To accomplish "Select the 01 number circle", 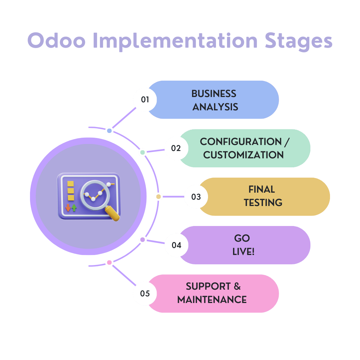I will pyautogui.click(x=145, y=99).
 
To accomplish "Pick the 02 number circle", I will pyautogui.click(x=176, y=148).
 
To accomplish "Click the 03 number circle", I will pyautogui.click(x=196, y=197).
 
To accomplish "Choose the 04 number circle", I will pyautogui.click(x=176, y=245).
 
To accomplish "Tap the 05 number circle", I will pyautogui.click(x=145, y=294).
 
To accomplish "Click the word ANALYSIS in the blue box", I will pyautogui.click(x=215, y=107).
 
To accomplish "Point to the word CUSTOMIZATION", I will pyautogui.click(x=243, y=155).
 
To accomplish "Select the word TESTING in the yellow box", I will pyautogui.click(x=263, y=203).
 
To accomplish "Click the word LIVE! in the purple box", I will pyautogui.click(x=243, y=252).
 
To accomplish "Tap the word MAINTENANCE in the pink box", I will pyautogui.click(x=212, y=300).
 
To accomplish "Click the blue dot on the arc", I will pyautogui.click(x=109, y=131).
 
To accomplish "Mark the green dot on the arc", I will pyautogui.click(x=143, y=152).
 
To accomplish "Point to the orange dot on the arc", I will pyautogui.click(x=159, y=197).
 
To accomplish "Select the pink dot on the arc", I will pyautogui.click(x=109, y=263).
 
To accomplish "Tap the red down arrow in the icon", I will pyautogui.click(x=68, y=208).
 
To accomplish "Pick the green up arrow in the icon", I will pyautogui.click(x=74, y=208).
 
